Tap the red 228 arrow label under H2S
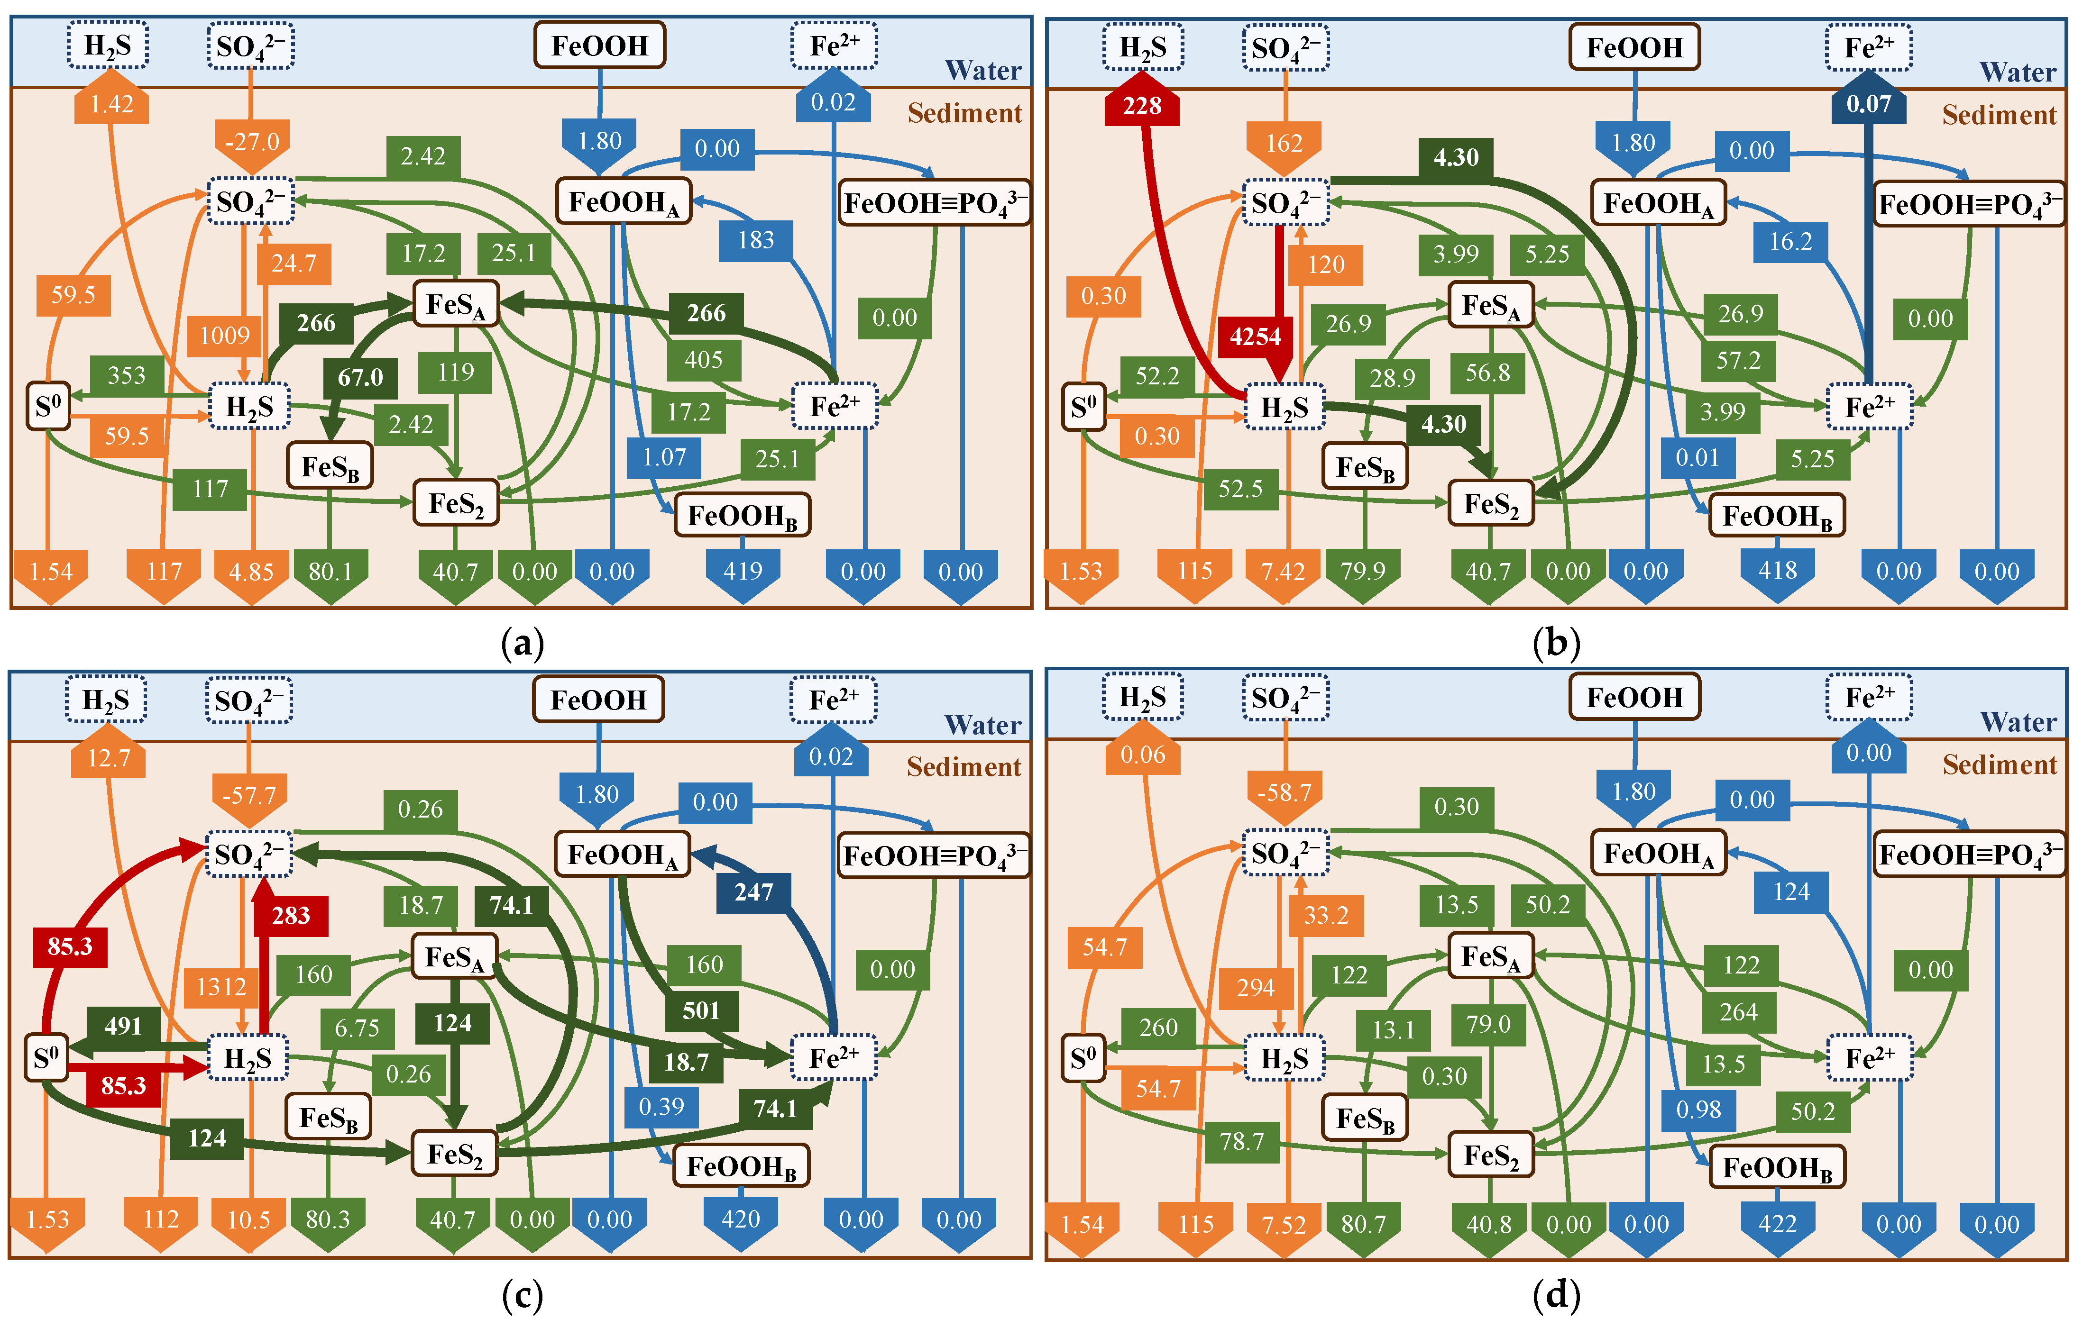point(1142,106)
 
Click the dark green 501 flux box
point(701,1010)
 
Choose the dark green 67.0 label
point(360,377)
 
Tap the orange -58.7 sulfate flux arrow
point(1284,793)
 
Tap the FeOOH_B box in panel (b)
point(1777,517)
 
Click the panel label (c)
point(522,1296)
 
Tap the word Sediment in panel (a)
point(964,114)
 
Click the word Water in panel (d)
point(2018,722)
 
